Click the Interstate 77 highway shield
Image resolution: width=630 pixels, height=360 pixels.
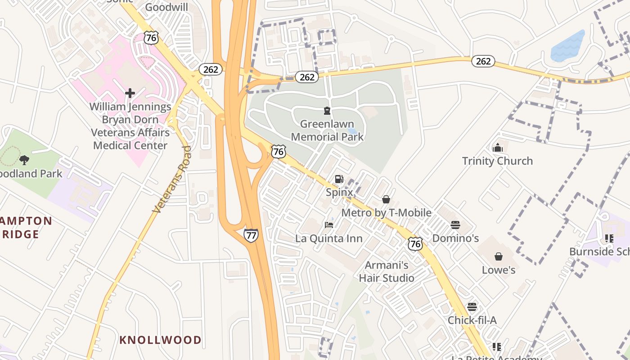click(x=251, y=235)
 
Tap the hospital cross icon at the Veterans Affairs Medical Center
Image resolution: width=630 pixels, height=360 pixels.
click(x=130, y=93)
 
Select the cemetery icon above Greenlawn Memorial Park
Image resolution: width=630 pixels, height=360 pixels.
click(x=327, y=111)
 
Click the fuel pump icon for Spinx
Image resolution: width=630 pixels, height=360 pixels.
click(x=339, y=180)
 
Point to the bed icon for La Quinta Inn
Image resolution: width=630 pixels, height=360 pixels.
click(x=329, y=225)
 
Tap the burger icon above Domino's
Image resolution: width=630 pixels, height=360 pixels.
click(x=455, y=225)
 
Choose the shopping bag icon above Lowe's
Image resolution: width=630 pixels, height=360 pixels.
click(x=498, y=256)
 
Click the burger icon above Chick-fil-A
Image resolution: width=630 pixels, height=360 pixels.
click(x=472, y=307)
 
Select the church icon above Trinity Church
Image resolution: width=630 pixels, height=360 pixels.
click(x=497, y=148)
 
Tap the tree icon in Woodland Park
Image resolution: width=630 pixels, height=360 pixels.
click(x=25, y=160)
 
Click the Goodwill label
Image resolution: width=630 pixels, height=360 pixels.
click(x=166, y=7)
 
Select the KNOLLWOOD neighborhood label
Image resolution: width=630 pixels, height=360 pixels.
click(x=160, y=340)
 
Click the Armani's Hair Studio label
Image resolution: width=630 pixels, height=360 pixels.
click(x=386, y=271)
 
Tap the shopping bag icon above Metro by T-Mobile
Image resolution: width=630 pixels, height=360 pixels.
click(x=386, y=199)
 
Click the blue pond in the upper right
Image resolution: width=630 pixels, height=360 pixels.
click(x=568, y=46)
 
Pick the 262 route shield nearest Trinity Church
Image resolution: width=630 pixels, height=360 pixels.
click(x=483, y=61)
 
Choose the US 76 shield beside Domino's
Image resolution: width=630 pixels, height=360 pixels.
click(x=415, y=244)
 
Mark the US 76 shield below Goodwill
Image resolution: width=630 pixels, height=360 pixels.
click(x=151, y=38)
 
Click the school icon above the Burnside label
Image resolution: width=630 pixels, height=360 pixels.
click(x=609, y=238)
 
